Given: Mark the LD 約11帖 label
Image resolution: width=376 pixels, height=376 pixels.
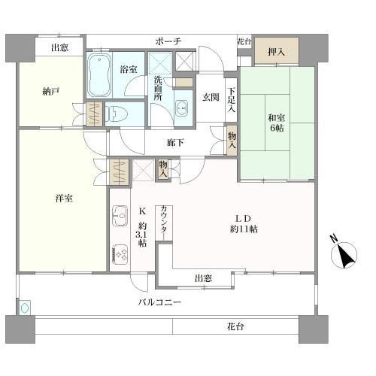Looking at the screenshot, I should (x=244, y=223).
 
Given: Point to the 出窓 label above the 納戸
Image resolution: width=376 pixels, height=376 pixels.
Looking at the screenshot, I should (x=60, y=47).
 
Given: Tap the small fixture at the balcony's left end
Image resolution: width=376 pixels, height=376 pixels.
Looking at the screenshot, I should (x=25, y=308).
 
